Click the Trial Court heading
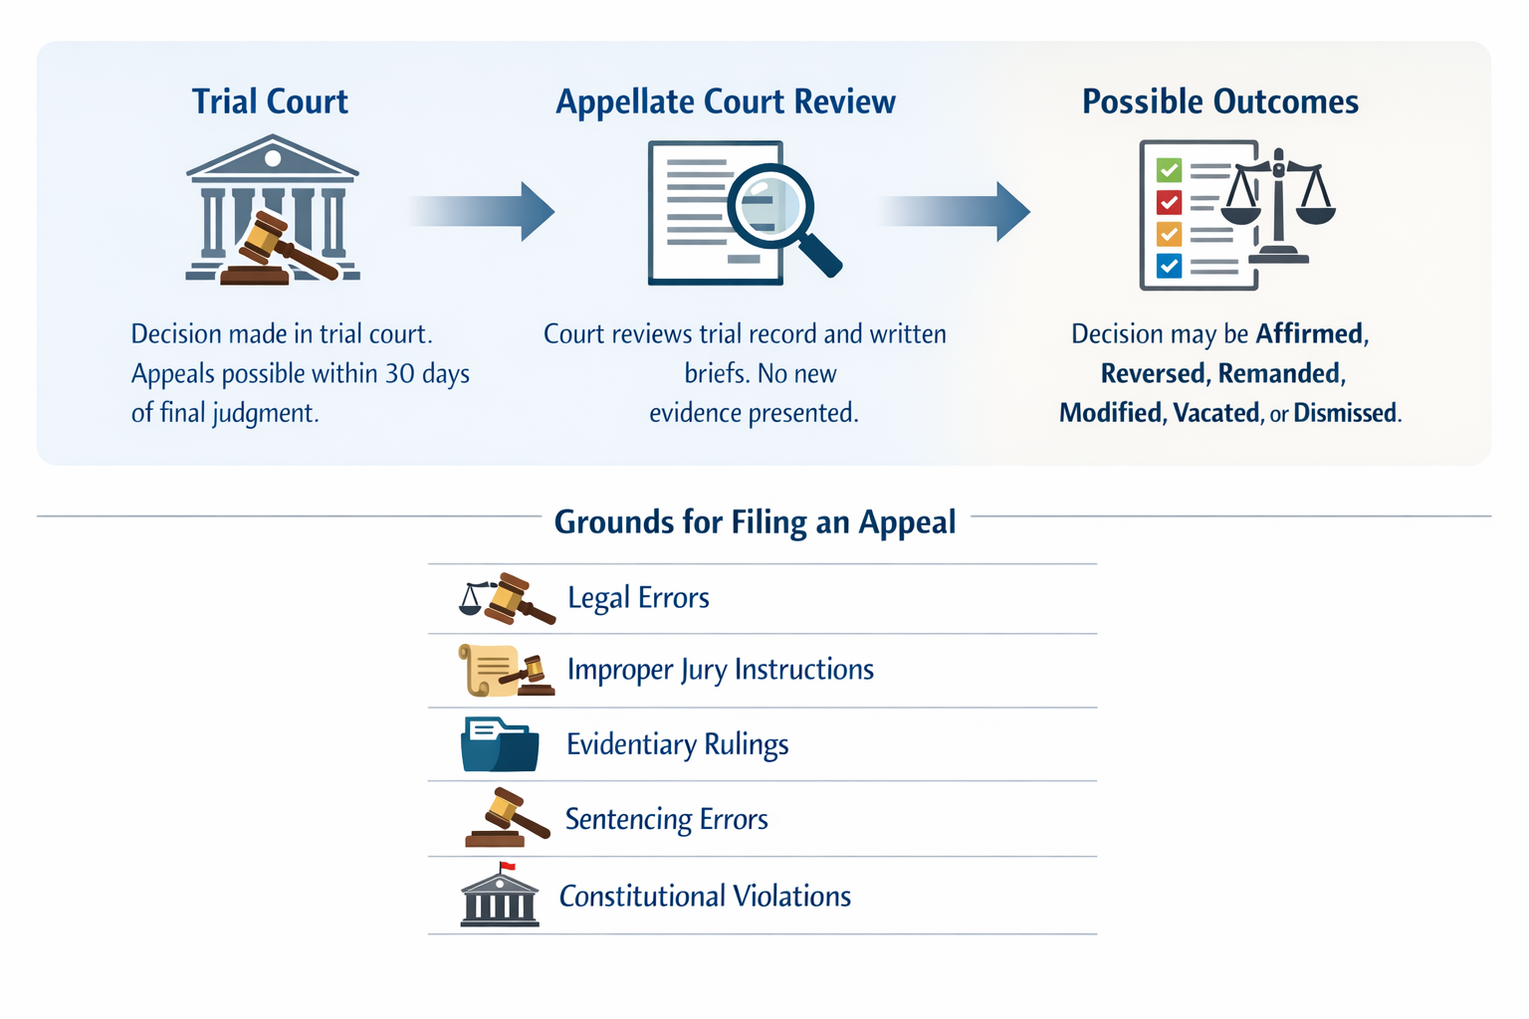click(x=270, y=102)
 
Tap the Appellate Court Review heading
click(x=725, y=102)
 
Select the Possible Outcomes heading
click(x=1219, y=102)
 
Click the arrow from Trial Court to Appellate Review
click(x=483, y=211)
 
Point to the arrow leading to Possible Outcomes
click(x=955, y=211)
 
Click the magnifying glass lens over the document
click(x=769, y=206)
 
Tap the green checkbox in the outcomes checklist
click(x=1169, y=170)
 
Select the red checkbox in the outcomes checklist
click(x=1169, y=203)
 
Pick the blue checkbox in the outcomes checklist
click(x=1169, y=266)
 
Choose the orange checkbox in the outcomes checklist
click(x=1169, y=235)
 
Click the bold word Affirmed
click(x=1309, y=333)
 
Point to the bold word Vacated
click(x=1215, y=413)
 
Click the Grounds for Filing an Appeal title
click(x=755, y=521)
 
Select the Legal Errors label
click(x=638, y=597)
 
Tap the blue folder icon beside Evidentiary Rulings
click(x=500, y=745)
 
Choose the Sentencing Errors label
click(x=666, y=819)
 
